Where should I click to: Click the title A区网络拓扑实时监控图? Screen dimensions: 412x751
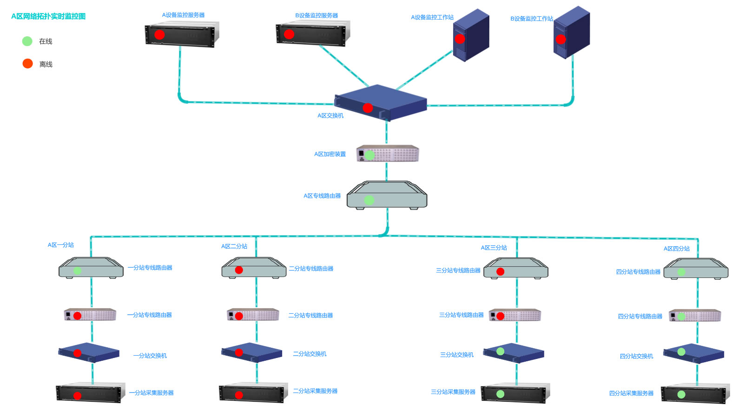48,16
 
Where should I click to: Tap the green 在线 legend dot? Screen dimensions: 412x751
27,41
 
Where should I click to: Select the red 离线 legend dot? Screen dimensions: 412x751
28,63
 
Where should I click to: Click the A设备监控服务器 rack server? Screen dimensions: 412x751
182,34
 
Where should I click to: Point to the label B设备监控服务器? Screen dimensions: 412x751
316,15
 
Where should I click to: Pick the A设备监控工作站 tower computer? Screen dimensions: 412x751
471,35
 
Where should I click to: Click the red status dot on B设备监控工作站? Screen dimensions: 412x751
560,39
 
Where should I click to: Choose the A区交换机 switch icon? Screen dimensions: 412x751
381,102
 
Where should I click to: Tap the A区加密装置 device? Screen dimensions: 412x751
388,154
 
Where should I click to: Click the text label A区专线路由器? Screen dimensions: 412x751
322,196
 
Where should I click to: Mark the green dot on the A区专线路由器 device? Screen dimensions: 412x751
369,200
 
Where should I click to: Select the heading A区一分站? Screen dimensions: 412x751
61,245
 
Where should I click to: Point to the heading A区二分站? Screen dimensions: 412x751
234,246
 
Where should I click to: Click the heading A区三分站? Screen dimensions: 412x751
494,248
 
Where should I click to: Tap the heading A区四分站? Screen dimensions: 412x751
677,249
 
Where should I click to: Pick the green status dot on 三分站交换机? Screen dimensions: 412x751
501,351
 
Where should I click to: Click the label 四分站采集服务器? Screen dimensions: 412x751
631,393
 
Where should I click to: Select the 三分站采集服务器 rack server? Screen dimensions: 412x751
515,393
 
